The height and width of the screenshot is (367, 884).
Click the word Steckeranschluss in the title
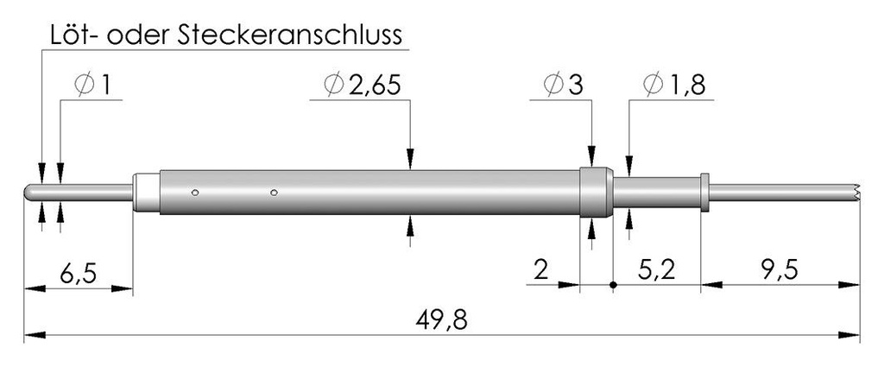pyautogui.click(x=290, y=35)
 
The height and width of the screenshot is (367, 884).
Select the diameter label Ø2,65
pyautogui.click(x=363, y=85)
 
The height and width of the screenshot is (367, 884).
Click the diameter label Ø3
pyautogui.click(x=564, y=85)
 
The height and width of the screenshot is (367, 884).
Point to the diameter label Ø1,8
pyautogui.click(x=674, y=85)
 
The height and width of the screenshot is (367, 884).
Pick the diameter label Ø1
pyautogui.click(x=92, y=85)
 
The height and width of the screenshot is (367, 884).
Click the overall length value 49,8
pyautogui.click(x=442, y=320)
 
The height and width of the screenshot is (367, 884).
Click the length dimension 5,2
pyautogui.click(x=657, y=271)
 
